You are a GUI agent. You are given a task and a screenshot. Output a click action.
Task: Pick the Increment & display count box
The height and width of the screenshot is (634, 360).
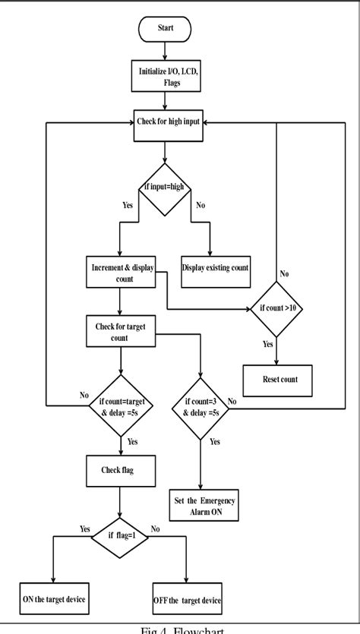(x=120, y=273)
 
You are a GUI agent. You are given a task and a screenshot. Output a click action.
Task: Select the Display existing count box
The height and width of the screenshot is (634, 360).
(x=216, y=267)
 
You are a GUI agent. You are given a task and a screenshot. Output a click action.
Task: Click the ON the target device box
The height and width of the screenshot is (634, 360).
(x=53, y=600)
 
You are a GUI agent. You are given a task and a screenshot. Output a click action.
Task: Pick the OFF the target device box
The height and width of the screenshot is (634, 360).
(x=186, y=600)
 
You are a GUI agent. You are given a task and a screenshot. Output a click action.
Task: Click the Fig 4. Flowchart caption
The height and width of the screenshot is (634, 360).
(x=179, y=628)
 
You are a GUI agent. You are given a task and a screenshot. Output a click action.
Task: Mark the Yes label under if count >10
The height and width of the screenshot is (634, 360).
(x=267, y=345)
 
